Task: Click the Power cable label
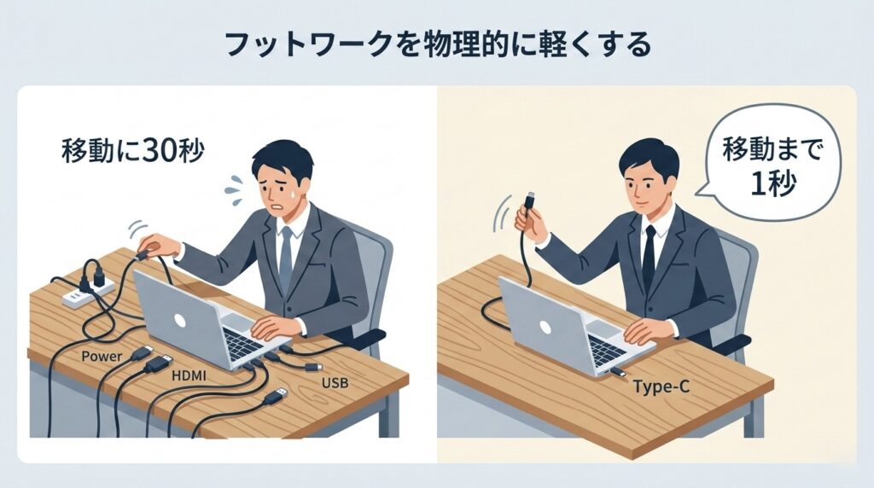tap(102, 357)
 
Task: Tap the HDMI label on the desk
tap(189, 376)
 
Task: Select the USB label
tap(335, 383)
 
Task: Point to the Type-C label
tap(661, 386)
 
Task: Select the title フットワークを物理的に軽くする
tap(438, 44)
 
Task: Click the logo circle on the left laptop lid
tap(179, 320)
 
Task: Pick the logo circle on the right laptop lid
tap(545, 327)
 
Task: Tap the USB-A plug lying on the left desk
tap(276, 397)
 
